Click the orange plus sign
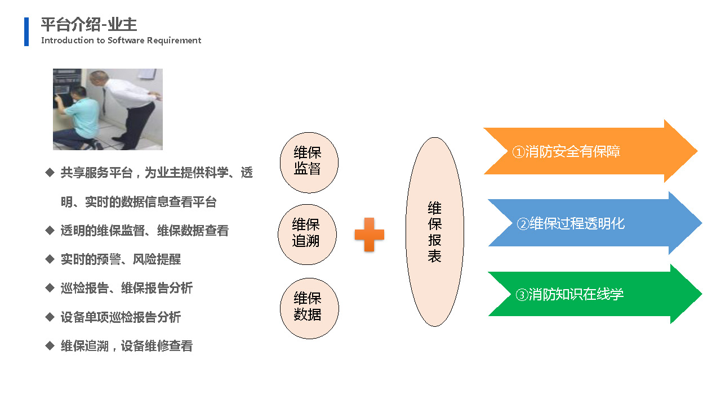(369, 235)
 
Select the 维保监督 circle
(309, 163)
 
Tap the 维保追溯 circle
(307, 235)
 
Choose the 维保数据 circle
(309, 308)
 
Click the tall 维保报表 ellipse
(434, 232)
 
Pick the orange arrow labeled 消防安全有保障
(591, 151)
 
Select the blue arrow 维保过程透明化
(595, 223)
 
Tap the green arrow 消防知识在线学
(595, 294)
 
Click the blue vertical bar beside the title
(26, 31)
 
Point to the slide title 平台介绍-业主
(89, 24)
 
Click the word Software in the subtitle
(126, 40)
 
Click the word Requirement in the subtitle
(174, 40)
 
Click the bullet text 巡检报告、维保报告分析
(127, 288)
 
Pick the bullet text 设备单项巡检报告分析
(121, 317)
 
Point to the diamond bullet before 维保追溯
(50, 345)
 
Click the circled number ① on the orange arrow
(519, 152)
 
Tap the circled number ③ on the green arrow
(522, 295)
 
